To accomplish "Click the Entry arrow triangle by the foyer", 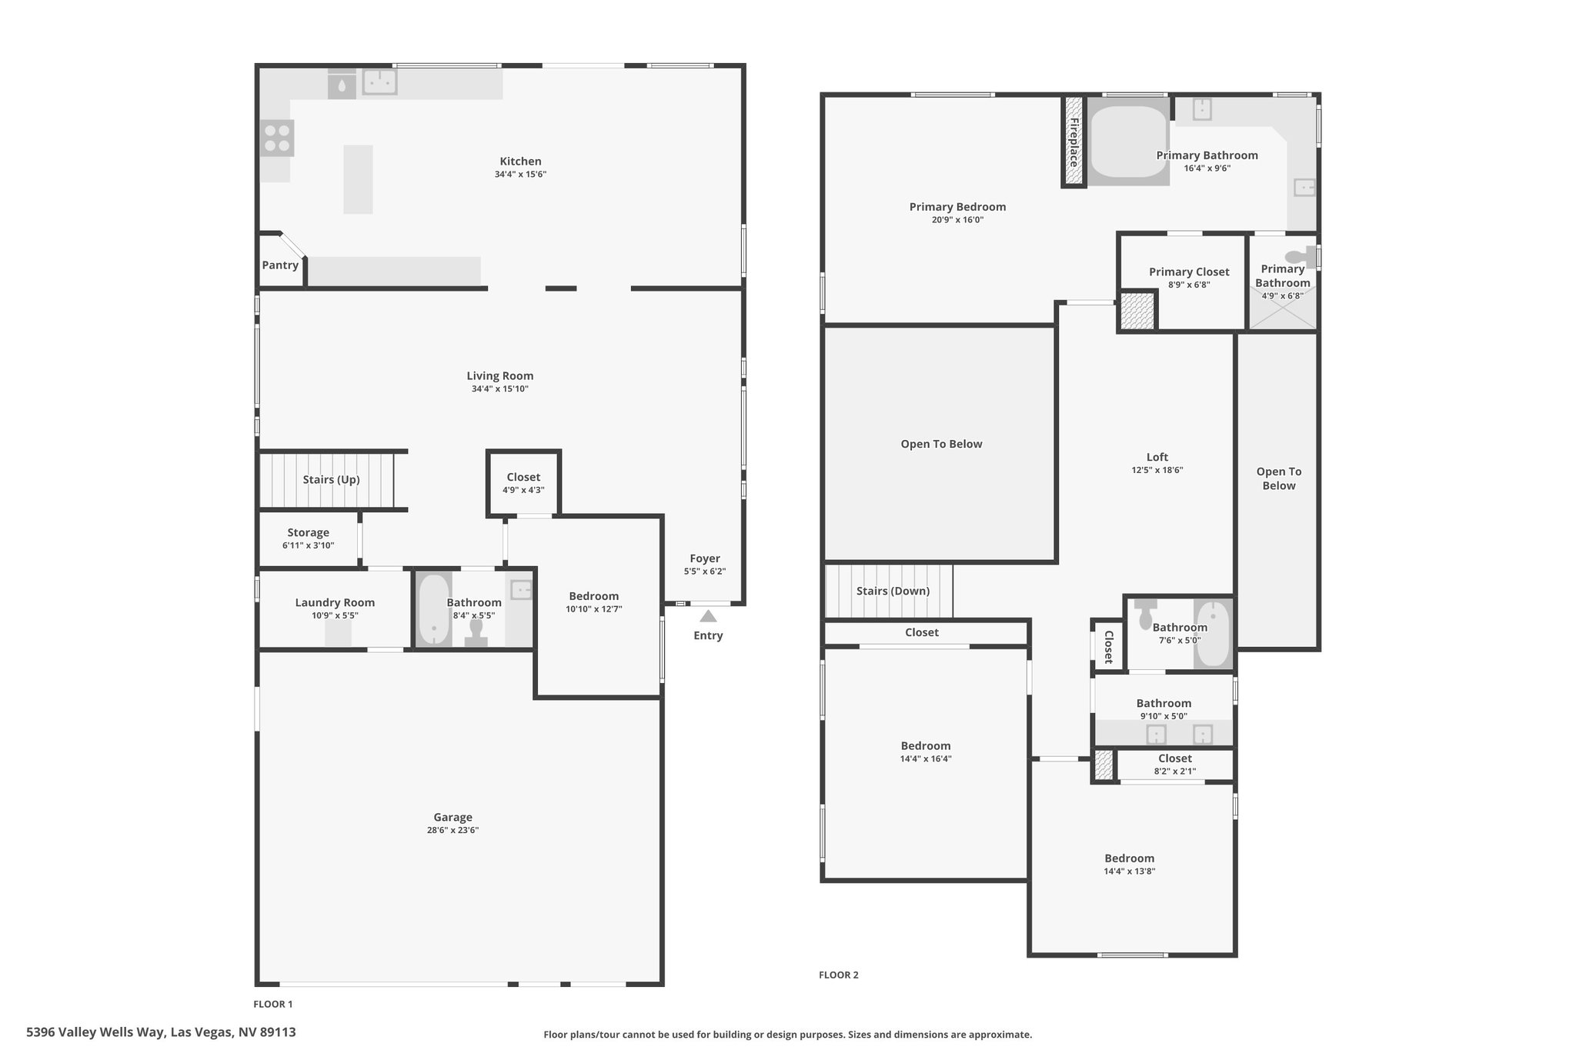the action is click(x=708, y=615).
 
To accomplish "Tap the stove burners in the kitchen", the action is click(x=277, y=138).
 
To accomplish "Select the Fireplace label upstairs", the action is click(x=1073, y=142).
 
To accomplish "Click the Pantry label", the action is click(x=280, y=265).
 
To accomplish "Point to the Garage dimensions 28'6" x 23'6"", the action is click(x=452, y=830).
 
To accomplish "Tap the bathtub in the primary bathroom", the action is click(x=1128, y=142).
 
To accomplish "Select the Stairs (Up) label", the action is click(x=331, y=479).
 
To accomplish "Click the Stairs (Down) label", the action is click(x=893, y=591).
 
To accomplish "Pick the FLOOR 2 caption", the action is click(x=838, y=975).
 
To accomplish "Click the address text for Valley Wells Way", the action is click(x=161, y=1032).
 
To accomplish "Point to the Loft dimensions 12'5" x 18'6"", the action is click(x=1157, y=470).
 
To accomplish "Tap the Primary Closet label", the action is click(x=1189, y=272).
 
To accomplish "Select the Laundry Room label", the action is click(x=335, y=602).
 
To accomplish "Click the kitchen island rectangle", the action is click(x=358, y=179).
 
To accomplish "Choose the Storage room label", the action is click(x=308, y=532).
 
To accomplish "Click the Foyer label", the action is click(x=705, y=558).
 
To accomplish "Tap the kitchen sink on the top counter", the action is click(x=379, y=82).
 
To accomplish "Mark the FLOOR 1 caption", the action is click(x=273, y=1004).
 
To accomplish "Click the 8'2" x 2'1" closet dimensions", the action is click(x=1175, y=771).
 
